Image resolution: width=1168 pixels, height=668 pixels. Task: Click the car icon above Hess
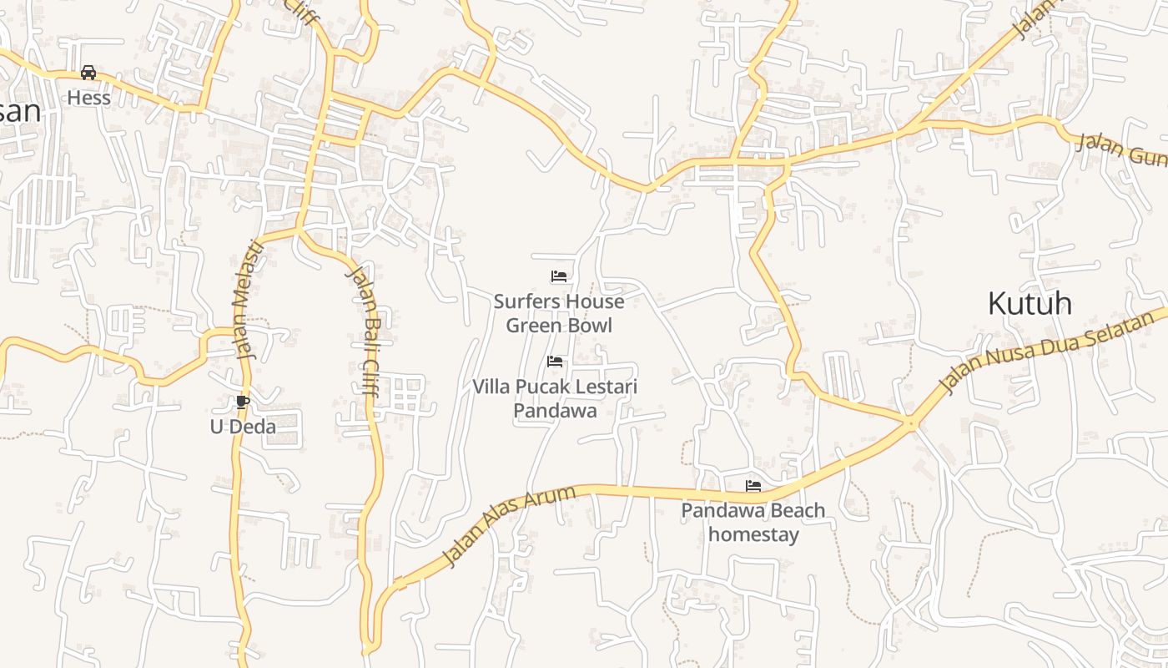pyautogui.click(x=88, y=73)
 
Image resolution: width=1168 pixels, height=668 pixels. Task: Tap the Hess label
pyautogui.click(x=88, y=98)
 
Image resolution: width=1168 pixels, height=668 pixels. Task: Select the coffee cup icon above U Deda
pyautogui.click(x=242, y=402)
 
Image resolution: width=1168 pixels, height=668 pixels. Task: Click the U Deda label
pyautogui.click(x=242, y=427)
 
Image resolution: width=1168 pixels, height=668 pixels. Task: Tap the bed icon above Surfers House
pyautogui.click(x=559, y=276)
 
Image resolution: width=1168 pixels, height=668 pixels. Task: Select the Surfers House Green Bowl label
pyautogui.click(x=559, y=313)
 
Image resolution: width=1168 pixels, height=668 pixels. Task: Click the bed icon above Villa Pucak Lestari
pyautogui.click(x=555, y=362)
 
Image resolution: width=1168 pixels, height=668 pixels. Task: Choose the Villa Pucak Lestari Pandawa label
pyautogui.click(x=555, y=398)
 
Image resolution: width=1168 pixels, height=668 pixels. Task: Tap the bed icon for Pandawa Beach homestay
pyautogui.click(x=753, y=485)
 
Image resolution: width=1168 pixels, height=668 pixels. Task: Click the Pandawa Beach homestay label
pyautogui.click(x=753, y=522)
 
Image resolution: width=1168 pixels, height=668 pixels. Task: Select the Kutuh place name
pyautogui.click(x=1030, y=303)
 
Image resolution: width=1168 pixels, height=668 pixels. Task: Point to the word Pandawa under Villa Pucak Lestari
pyautogui.click(x=555, y=411)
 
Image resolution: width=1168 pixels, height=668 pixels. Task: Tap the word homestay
pyautogui.click(x=753, y=534)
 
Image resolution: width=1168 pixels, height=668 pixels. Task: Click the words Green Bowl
pyautogui.click(x=559, y=326)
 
